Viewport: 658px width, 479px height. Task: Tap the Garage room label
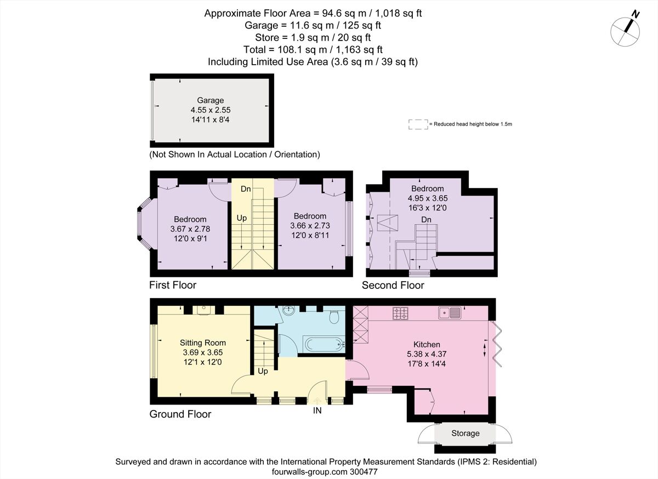[211, 100]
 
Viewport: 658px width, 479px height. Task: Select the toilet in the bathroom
[334, 317]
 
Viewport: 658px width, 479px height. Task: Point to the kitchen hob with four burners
[401, 313]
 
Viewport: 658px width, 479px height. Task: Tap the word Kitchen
[427, 344]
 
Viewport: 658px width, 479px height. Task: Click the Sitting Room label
[202, 343]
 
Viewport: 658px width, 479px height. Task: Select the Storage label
[465, 433]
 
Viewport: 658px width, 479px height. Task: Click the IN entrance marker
[317, 410]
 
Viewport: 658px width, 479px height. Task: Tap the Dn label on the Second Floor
[426, 220]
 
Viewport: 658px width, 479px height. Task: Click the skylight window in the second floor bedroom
[387, 222]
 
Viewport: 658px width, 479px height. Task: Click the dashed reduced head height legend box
[418, 124]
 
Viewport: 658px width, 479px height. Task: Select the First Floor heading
[173, 285]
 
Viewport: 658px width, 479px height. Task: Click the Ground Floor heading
[180, 414]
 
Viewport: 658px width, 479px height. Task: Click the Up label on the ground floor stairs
[263, 371]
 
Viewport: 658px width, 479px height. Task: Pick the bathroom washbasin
[288, 311]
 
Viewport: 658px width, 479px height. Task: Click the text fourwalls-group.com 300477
[326, 471]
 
